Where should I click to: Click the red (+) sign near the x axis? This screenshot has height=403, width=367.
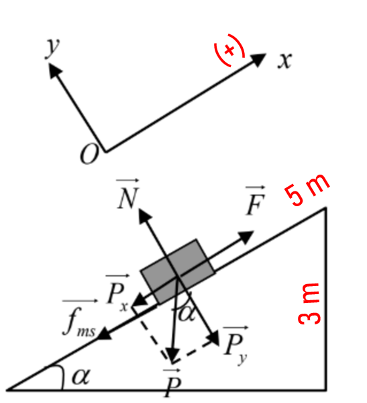pos(229,50)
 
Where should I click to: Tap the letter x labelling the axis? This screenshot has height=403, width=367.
pos(285,60)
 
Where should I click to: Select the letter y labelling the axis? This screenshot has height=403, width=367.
pos(52,48)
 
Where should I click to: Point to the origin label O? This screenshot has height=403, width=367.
pos(89,153)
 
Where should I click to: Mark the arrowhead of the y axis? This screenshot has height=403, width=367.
pos(54,70)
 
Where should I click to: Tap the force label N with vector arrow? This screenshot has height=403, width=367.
pos(128,194)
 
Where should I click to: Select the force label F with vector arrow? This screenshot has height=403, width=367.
pos(255,200)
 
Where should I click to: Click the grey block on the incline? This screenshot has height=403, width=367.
pos(178,271)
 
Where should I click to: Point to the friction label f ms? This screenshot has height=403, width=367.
pos(80,318)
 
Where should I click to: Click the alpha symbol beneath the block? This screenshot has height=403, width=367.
pos(187,314)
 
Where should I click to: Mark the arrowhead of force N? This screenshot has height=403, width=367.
pos(144,216)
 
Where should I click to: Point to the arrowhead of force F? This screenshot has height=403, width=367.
pos(246,236)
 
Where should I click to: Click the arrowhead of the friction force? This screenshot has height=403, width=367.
pos(104,334)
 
